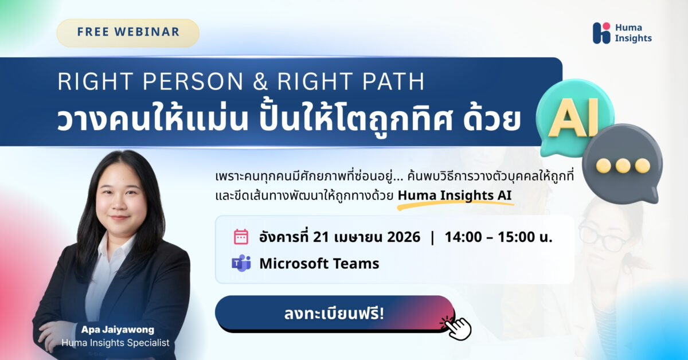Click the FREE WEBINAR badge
tap(127, 33)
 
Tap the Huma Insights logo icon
tap(601, 33)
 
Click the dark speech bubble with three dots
tap(622, 165)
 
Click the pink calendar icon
tap(241, 237)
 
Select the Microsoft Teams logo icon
tap(241, 263)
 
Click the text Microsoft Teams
tap(319, 264)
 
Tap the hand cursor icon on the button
tap(458, 325)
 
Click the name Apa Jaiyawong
tap(118, 330)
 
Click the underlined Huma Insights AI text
tap(455, 195)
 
